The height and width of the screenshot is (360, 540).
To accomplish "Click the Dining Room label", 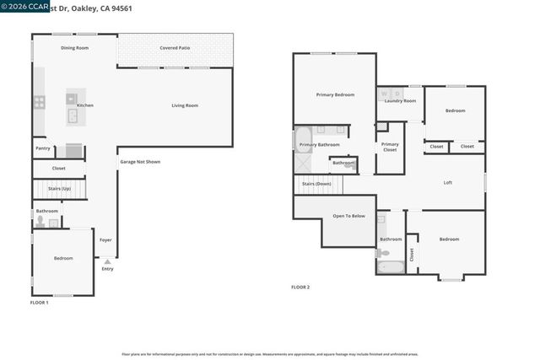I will pos(74,48).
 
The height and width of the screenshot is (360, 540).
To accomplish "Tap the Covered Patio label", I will pos(175,48).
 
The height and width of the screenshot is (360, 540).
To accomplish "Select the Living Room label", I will pos(185,105).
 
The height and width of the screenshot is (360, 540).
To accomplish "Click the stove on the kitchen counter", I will pos(39,103).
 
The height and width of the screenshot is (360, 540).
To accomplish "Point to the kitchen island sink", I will pos(73,116).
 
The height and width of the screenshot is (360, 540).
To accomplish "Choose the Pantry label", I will pos(43,148).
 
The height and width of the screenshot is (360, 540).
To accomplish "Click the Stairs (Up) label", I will pos(58,190).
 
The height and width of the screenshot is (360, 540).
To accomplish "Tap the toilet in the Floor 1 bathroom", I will pos(40,223).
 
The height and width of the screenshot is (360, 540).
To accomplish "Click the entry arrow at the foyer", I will pos(107,261).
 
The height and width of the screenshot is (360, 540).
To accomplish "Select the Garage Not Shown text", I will pos(139,162).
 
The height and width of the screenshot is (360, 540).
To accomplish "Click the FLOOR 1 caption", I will pos(40,302).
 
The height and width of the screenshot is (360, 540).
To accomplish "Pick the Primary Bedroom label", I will pos(335,95).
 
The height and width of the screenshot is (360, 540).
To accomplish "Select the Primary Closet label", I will pos(390,147).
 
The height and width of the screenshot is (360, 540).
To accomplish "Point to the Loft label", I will pos(448,183).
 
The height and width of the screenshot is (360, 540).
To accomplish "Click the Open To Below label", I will pos(348,216).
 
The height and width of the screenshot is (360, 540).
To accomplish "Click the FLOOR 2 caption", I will pos(300,287).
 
